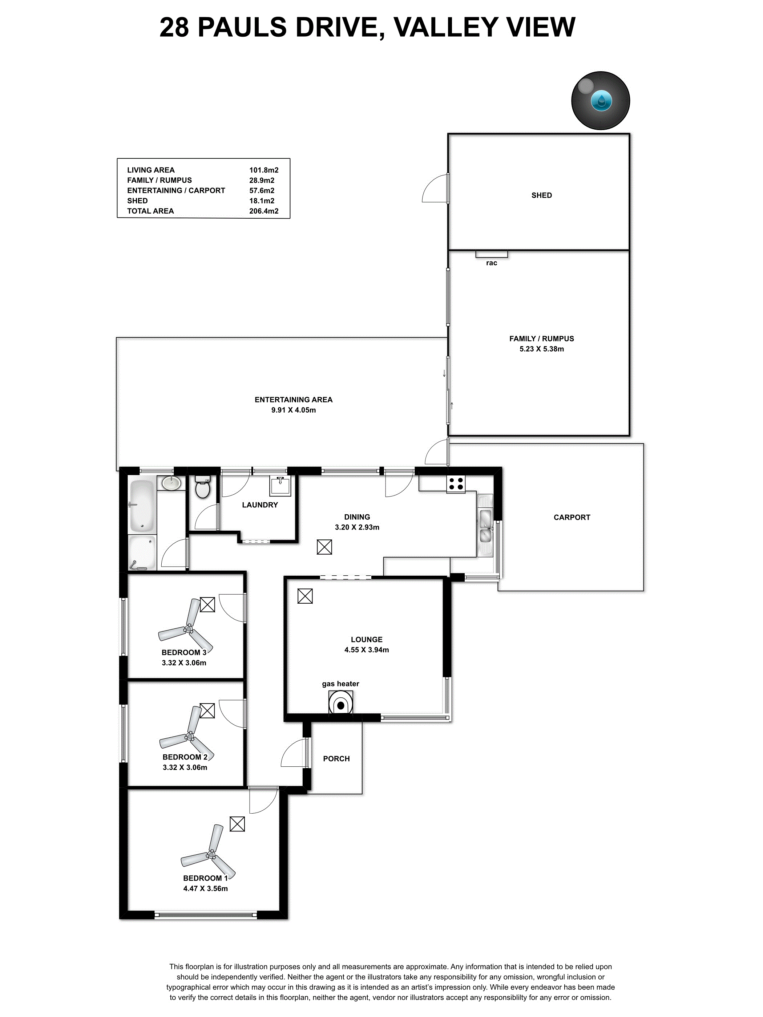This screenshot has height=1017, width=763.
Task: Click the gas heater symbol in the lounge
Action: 341,702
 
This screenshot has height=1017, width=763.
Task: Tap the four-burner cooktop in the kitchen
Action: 456,484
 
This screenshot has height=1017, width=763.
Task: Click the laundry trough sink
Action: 280,486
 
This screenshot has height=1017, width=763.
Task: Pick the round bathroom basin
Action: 171,483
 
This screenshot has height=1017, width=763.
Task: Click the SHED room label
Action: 541,195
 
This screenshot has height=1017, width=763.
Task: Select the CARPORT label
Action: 572,517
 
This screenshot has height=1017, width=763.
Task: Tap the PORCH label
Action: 336,759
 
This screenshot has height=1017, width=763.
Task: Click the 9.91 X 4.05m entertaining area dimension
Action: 294,410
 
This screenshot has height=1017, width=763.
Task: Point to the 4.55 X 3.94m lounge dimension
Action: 367,650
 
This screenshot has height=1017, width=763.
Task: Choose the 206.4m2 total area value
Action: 264,211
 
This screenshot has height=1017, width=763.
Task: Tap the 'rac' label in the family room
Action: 491,263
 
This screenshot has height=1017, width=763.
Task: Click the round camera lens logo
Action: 600,100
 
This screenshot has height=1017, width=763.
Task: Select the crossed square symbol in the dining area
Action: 324,547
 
